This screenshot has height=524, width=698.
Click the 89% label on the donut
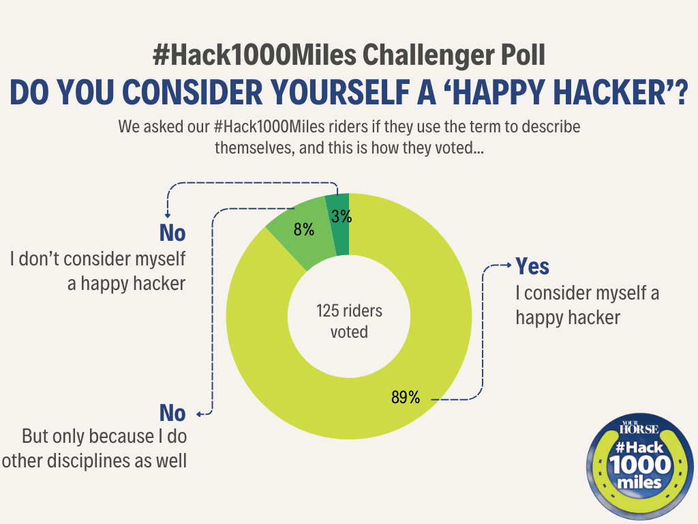click(405, 396)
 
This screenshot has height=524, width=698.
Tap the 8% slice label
click(303, 230)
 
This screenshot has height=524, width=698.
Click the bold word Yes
click(532, 266)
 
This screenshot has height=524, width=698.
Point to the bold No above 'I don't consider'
click(172, 233)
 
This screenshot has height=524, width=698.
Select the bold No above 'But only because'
click(172, 413)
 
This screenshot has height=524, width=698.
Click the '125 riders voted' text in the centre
click(349, 321)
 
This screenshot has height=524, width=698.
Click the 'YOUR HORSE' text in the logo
click(639, 429)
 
